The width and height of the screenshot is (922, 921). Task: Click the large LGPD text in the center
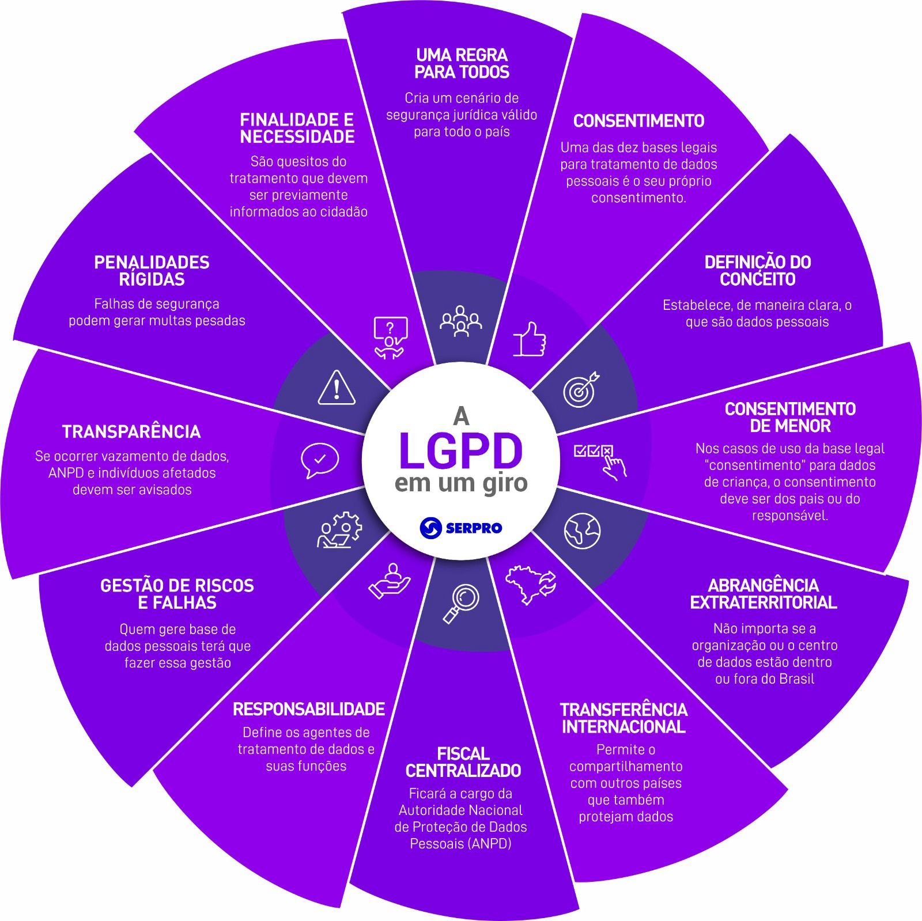point(460,451)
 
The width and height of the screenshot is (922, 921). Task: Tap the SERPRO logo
point(460,526)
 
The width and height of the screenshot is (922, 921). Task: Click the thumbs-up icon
point(529,339)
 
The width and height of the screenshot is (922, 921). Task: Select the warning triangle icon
point(337,388)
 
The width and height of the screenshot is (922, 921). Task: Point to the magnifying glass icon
point(461,603)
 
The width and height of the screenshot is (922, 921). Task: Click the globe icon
point(582,530)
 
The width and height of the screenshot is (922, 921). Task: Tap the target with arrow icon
point(580,390)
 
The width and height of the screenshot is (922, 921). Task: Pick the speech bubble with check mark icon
point(319,460)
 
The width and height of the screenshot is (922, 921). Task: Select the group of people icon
point(460,321)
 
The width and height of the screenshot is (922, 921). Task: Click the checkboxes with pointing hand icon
point(601,459)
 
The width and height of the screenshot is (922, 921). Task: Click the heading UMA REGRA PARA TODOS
point(462,64)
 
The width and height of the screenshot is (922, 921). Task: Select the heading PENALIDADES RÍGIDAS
point(152,271)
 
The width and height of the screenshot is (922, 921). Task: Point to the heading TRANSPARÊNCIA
point(131,431)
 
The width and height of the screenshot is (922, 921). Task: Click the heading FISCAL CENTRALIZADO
point(463,762)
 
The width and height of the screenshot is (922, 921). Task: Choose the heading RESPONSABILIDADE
point(308,709)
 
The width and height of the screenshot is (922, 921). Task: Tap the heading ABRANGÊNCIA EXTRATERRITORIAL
point(763,594)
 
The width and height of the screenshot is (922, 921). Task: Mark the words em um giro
point(460,483)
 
